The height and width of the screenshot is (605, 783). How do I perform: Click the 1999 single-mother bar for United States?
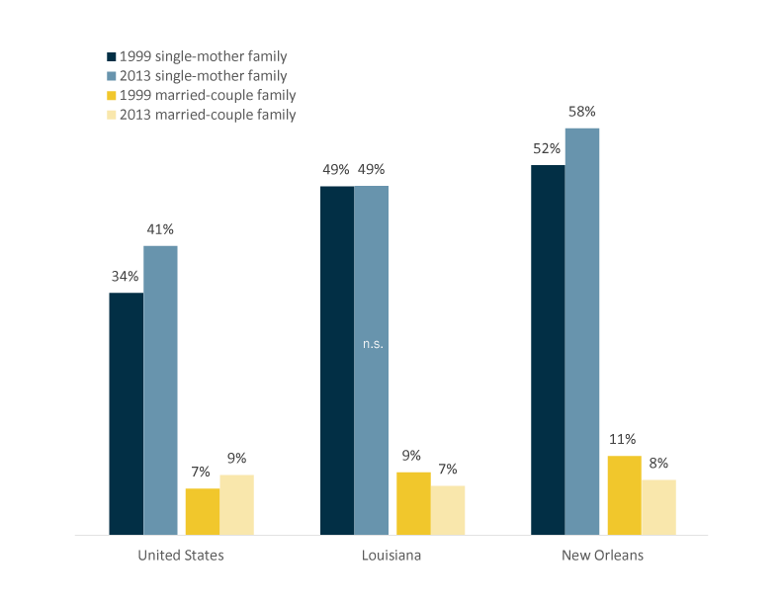pyautogui.click(x=126, y=413)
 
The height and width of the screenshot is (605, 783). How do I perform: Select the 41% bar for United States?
pyautogui.click(x=160, y=389)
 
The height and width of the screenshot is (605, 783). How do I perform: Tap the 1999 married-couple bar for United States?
pyautogui.click(x=202, y=511)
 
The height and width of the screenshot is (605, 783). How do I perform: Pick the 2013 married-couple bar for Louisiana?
pyautogui.click(x=448, y=510)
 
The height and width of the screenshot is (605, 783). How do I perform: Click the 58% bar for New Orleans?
pyautogui.click(x=582, y=331)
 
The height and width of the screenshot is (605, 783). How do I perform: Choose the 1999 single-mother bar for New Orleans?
pyautogui.click(x=548, y=350)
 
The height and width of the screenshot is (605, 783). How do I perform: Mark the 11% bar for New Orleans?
pyautogui.click(x=623, y=495)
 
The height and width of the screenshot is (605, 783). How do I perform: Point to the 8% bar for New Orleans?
pyautogui.click(x=658, y=507)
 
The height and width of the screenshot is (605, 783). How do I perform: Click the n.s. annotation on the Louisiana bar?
pyautogui.click(x=373, y=345)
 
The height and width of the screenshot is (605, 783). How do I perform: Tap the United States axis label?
pyautogui.click(x=181, y=556)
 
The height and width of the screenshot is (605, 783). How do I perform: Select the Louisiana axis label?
pyautogui.click(x=391, y=556)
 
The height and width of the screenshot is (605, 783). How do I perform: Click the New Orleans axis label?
pyautogui.click(x=603, y=556)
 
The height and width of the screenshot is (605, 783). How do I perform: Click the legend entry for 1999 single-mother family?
pyautogui.click(x=203, y=56)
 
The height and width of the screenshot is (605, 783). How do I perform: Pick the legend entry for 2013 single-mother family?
pyautogui.click(x=203, y=76)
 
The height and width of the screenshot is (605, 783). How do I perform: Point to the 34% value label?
pyautogui.click(x=125, y=277)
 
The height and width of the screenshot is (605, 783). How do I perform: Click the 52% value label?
pyautogui.click(x=547, y=149)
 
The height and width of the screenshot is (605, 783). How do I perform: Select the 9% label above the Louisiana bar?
pyautogui.click(x=411, y=456)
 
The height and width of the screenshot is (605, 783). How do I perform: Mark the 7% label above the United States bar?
pyautogui.click(x=201, y=473)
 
